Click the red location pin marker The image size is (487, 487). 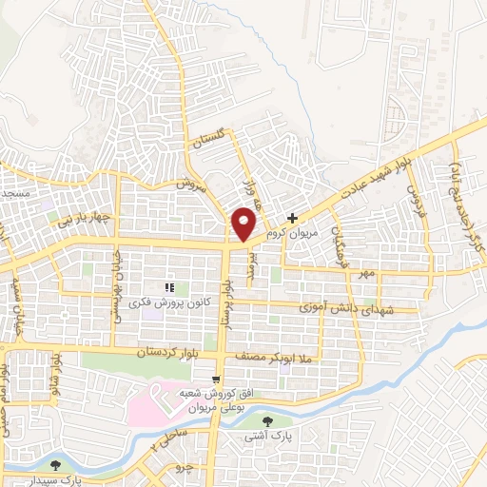click(x=244, y=224)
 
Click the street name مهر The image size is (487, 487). click(x=368, y=273)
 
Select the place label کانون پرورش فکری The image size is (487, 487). click(x=168, y=302)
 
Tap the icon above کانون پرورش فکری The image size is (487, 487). click(x=168, y=287)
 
